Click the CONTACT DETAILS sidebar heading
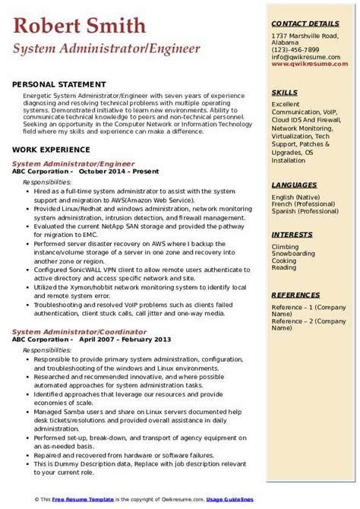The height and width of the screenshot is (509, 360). [306, 24]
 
